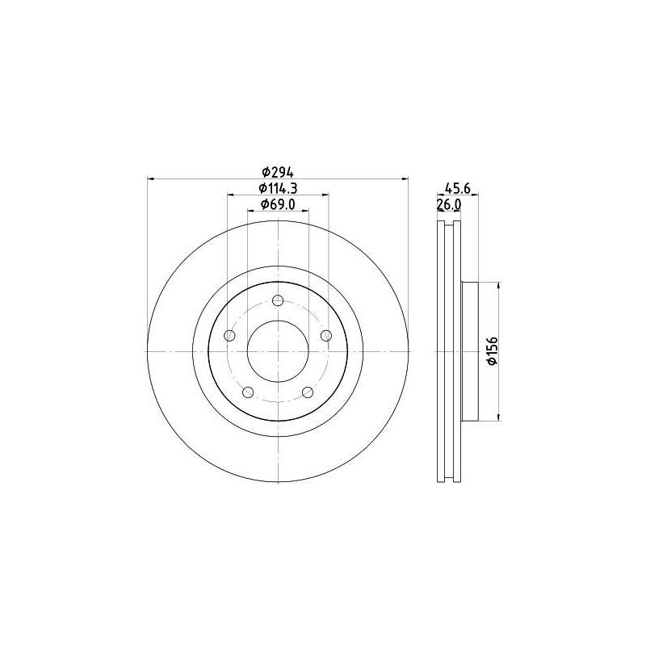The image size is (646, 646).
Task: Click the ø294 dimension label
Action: pyautogui.click(x=277, y=171)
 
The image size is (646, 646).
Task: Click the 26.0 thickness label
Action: pyautogui.click(x=448, y=204)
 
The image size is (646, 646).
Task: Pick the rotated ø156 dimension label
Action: pyautogui.click(x=492, y=350)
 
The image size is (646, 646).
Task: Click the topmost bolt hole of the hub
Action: pyautogui.click(x=278, y=301)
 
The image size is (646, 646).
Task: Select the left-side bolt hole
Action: pyautogui.click(x=230, y=336)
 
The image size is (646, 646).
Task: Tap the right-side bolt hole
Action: pyautogui.click(x=325, y=336)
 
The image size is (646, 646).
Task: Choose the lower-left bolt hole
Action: pyautogui.click(x=248, y=392)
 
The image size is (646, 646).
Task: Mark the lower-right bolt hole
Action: pyautogui.click(x=307, y=392)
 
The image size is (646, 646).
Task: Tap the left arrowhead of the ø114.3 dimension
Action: pyautogui.click(x=230, y=195)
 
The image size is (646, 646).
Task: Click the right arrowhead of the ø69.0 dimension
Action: pyautogui.click(x=306, y=210)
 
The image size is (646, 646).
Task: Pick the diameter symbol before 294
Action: pyautogui.click(x=264, y=171)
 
